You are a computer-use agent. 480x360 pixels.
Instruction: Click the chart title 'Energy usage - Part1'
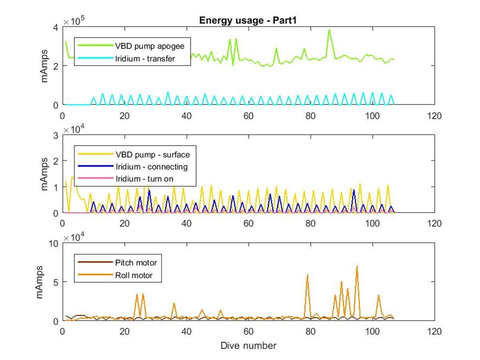point(248,20)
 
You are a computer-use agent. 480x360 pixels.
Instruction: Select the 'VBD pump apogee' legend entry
point(131,46)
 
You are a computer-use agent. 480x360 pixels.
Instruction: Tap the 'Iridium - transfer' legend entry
point(126,58)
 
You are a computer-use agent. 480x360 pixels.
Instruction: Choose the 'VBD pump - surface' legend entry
point(134,154)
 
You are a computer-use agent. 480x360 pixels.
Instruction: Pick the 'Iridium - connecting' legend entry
point(133,166)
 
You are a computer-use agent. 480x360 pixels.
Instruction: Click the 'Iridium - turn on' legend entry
point(126,178)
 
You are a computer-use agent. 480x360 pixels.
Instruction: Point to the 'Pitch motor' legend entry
point(118,262)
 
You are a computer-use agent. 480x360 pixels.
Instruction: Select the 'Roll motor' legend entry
point(115,275)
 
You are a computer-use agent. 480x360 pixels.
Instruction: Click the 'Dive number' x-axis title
point(248,346)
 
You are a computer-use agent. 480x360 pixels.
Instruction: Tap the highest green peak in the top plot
point(329,30)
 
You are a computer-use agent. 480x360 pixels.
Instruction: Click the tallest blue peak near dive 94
point(354,190)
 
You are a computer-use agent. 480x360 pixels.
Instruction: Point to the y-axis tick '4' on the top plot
point(56,28)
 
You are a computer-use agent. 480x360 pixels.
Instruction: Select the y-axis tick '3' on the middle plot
point(56,136)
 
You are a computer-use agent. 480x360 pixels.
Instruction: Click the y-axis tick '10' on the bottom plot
point(54,244)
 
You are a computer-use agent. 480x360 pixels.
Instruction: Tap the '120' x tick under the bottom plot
point(434,331)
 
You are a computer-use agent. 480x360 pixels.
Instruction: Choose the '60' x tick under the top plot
point(248,116)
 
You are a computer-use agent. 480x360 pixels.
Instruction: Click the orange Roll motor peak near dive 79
point(308,275)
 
